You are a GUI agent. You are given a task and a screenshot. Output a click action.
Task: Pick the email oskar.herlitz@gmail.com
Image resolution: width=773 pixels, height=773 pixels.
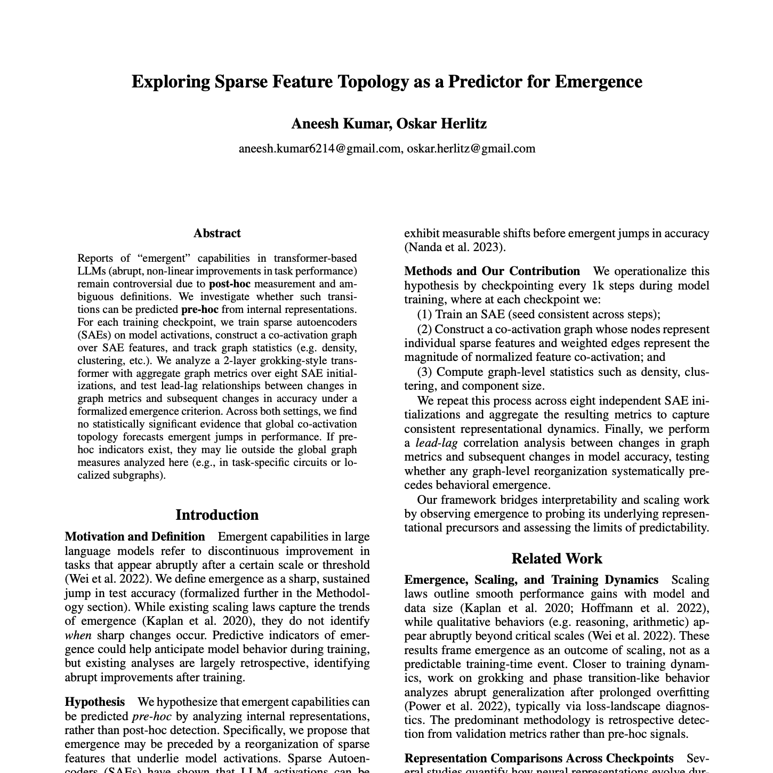tap(471, 149)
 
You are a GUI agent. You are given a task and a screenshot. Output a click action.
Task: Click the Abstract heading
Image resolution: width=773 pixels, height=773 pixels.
tap(217, 233)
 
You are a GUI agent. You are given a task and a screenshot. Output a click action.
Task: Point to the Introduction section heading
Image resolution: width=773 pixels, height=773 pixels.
tap(217, 515)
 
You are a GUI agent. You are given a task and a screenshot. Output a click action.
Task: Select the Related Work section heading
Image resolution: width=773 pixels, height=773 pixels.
tap(557, 559)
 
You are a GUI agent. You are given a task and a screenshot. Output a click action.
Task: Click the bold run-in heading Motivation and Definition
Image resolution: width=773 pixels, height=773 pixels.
tap(135, 537)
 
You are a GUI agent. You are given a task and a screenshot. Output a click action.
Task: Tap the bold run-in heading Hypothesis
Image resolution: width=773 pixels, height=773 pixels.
tap(95, 702)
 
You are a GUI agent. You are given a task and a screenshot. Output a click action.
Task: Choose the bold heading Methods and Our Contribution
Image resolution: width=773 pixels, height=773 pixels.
tap(492, 271)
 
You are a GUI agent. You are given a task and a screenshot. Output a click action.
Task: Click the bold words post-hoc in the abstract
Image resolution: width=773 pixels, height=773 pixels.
tap(229, 284)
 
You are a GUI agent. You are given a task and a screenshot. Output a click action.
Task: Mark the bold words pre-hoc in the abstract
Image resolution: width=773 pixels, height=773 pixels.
tap(199, 310)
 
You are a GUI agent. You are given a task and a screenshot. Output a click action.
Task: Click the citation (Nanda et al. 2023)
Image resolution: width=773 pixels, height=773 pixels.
tap(455, 247)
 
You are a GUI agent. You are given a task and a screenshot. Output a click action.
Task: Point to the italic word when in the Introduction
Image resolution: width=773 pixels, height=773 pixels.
tap(78, 635)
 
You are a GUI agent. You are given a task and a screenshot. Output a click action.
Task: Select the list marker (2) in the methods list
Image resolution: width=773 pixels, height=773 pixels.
tap(424, 329)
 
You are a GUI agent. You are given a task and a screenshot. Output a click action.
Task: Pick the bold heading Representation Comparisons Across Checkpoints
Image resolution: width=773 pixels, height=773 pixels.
tap(539, 759)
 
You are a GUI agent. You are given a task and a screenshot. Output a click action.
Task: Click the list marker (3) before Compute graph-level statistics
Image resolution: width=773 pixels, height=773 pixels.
tap(424, 372)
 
